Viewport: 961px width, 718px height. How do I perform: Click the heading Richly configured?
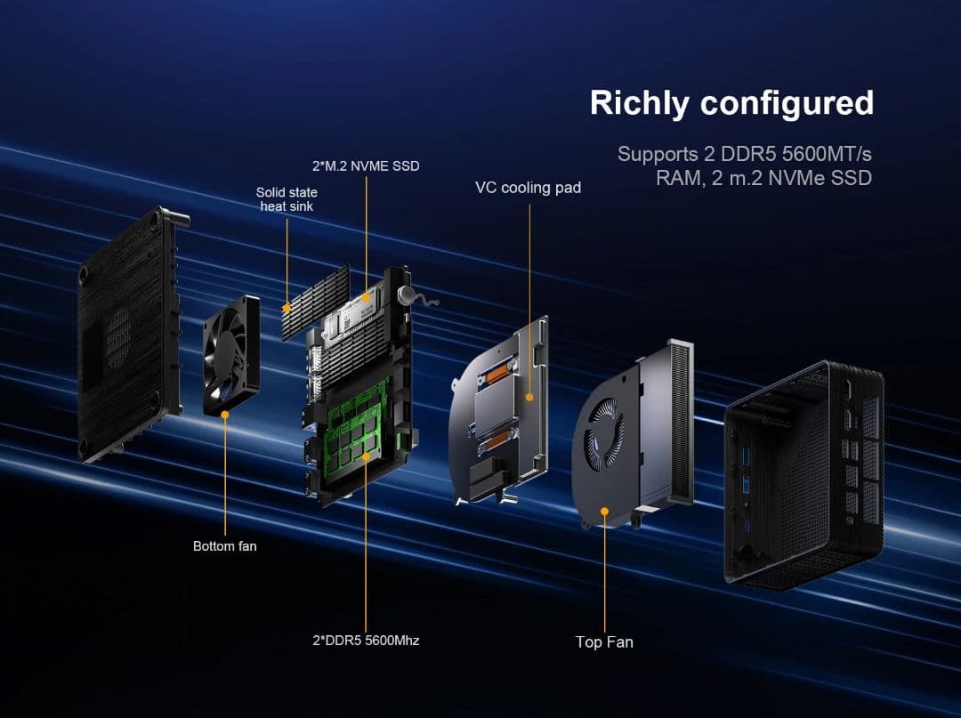[731, 103]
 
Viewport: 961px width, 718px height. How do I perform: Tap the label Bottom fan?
[224, 545]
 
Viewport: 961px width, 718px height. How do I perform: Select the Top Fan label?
[604, 641]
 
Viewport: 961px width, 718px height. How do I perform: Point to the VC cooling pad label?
[528, 188]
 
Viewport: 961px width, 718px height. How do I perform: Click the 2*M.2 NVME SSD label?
[366, 165]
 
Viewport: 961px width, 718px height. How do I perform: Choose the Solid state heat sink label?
[287, 198]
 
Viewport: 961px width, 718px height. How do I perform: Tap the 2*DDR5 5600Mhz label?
[366, 640]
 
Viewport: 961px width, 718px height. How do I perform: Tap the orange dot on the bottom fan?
[225, 414]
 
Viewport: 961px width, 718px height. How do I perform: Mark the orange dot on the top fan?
[604, 511]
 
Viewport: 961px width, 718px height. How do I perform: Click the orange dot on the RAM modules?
[365, 456]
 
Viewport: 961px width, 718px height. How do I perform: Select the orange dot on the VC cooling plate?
[529, 398]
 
